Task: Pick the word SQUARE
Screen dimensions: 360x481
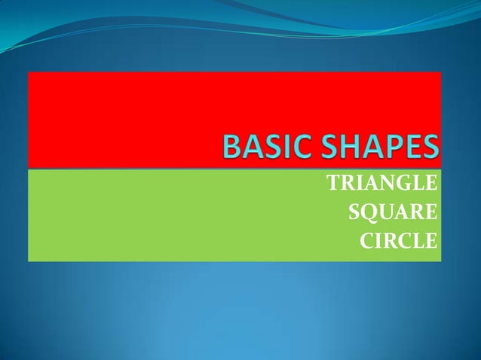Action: coord(393,212)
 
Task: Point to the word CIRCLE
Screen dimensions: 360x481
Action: coord(398,242)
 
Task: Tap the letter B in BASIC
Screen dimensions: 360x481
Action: coord(229,148)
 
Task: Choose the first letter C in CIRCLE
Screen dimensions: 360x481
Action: coord(366,242)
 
